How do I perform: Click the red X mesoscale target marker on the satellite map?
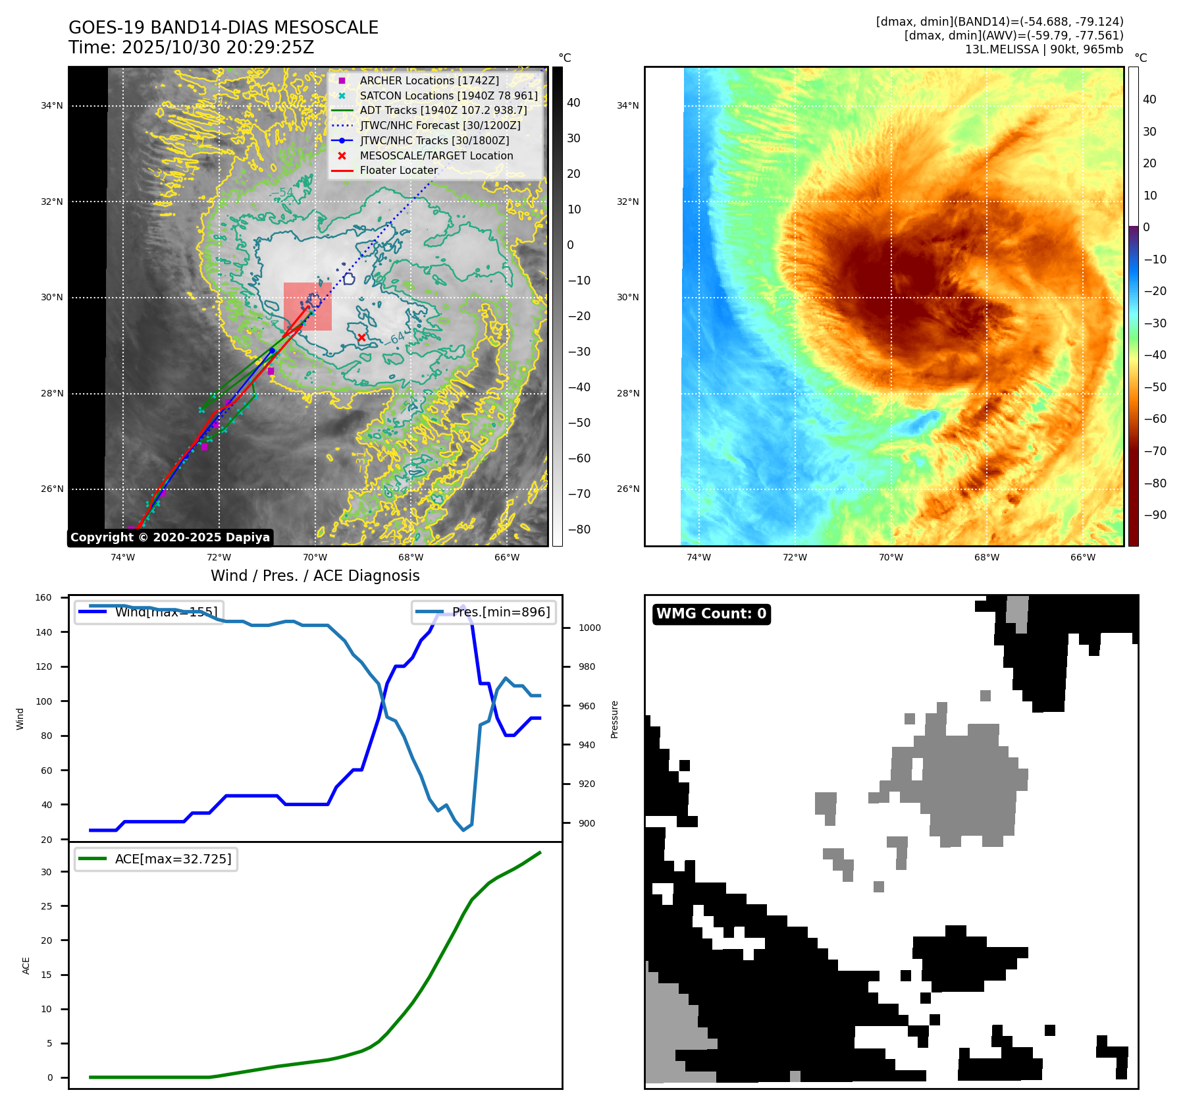(361, 338)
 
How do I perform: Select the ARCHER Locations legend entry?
(429, 80)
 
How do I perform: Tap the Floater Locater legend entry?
(398, 171)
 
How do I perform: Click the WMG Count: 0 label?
(711, 614)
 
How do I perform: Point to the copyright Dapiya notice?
(170, 537)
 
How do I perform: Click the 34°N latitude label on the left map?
(52, 105)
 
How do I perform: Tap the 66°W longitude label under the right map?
(1082, 557)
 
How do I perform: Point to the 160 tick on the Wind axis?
(43, 598)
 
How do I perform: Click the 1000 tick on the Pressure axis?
(589, 628)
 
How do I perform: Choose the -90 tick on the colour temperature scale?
(1155, 515)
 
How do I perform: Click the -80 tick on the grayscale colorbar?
(579, 529)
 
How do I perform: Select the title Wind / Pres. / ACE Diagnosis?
(315, 576)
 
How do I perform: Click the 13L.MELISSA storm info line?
(1043, 49)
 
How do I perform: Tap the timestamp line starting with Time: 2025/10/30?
(191, 47)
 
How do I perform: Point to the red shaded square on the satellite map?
(307, 307)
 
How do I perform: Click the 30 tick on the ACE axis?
(46, 872)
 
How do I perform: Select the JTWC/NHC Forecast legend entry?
(440, 125)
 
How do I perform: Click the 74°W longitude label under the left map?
(122, 557)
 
